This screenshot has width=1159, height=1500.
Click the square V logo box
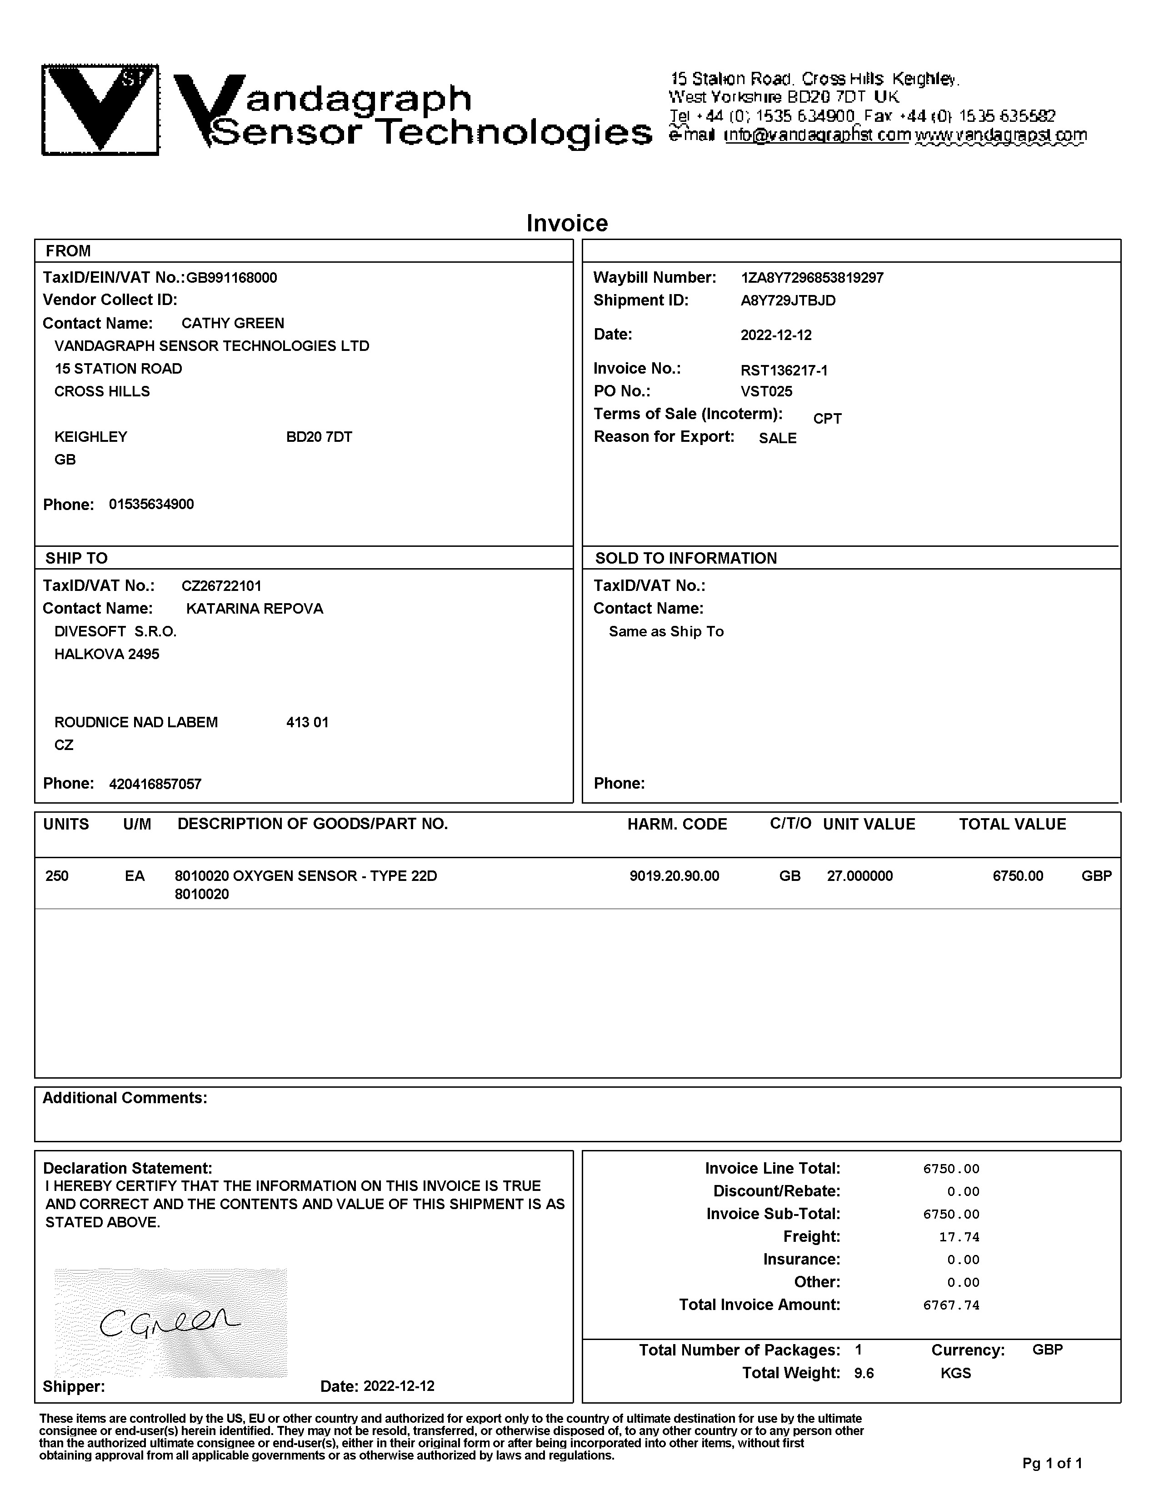(x=100, y=110)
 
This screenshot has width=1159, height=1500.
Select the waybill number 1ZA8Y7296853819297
(x=812, y=278)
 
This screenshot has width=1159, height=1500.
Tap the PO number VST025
(x=766, y=391)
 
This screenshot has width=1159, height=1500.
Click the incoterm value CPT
(x=827, y=418)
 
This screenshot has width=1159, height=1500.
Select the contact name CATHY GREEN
(x=233, y=324)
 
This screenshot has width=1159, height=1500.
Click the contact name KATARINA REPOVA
(x=254, y=609)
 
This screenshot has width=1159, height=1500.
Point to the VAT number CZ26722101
(x=221, y=586)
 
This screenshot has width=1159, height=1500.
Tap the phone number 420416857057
(x=155, y=784)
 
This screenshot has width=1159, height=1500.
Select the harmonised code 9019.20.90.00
(x=674, y=876)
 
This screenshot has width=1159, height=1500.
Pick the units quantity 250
(x=57, y=876)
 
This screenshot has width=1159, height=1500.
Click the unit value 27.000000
(x=859, y=876)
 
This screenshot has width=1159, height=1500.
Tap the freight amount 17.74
(x=959, y=1237)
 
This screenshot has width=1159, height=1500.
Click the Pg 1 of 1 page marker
(x=1052, y=1464)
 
